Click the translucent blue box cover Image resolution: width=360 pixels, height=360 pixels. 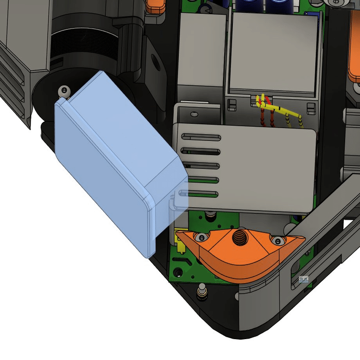click(114, 157)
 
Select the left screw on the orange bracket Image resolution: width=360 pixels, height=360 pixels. click(203, 237)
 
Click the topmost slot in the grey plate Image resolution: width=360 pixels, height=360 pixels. click(202, 137)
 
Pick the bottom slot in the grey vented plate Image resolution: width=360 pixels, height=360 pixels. click(202, 194)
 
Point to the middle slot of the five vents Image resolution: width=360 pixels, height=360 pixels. click(202, 166)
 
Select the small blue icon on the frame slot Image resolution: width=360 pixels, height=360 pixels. click(304, 279)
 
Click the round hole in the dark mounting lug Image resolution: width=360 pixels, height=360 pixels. click(155, 61)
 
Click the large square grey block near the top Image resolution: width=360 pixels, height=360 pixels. click(273, 52)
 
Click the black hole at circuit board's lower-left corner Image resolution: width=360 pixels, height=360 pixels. click(178, 272)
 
